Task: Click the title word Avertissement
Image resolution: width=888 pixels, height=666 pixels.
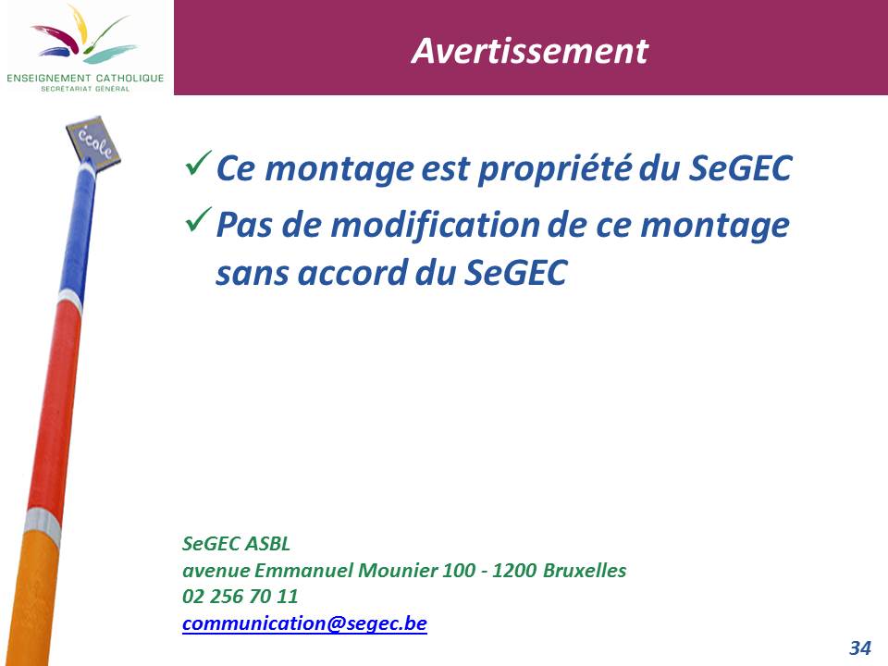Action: (x=529, y=51)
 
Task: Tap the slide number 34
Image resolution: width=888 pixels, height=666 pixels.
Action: (x=859, y=647)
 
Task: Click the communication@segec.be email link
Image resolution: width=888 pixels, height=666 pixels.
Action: (x=304, y=623)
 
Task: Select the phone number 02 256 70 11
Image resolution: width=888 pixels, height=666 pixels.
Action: (x=240, y=596)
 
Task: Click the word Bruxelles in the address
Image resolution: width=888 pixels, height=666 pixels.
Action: (x=585, y=570)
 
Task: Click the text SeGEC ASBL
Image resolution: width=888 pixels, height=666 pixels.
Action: (x=236, y=543)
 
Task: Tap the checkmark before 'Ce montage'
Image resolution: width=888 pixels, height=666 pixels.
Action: (x=198, y=163)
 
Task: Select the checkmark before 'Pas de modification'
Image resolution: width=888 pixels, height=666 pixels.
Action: (x=198, y=219)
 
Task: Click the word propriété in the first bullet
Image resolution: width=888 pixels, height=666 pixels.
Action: (x=555, y=169)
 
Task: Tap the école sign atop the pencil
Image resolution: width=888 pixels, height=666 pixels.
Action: (x=92, y=142)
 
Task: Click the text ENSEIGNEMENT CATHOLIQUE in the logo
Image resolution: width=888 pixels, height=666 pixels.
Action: (x=85, y=78)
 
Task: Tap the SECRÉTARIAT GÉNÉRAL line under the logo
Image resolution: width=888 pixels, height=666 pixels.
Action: (x=85, y=89)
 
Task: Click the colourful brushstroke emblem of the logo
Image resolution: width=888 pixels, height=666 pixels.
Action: (x=84, y=35)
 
